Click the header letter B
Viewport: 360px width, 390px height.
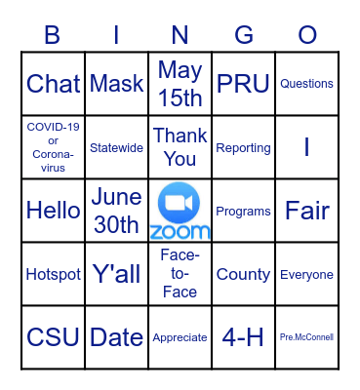53,35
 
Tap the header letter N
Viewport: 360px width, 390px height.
180,35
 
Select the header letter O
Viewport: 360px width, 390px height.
307,35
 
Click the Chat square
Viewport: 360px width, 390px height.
53,84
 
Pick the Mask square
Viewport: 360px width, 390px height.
116,84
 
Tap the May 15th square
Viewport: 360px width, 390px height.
180,84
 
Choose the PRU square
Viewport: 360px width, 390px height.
243,84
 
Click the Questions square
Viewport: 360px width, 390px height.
306,84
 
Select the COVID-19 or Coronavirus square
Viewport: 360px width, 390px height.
53,147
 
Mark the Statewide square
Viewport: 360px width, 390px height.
116,147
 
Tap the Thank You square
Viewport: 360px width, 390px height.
180,147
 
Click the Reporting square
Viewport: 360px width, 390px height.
243,147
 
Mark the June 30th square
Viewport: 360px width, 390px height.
116,211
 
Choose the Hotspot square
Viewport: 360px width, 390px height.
53,274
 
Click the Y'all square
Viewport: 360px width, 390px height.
116,274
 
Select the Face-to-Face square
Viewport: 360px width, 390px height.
180,274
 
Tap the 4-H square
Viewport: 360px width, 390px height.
243,337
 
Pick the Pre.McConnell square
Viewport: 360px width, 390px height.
306,337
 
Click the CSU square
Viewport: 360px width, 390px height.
53,337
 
